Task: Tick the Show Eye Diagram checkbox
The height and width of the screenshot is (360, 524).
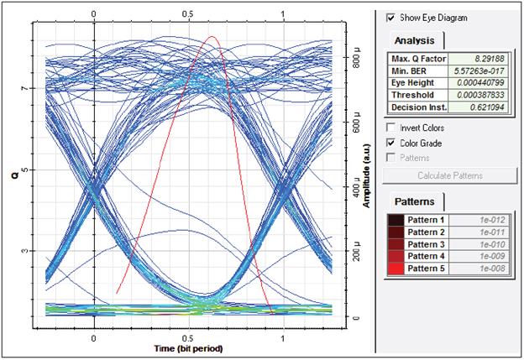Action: point(390,17)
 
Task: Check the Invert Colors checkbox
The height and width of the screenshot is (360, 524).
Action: point(390,128)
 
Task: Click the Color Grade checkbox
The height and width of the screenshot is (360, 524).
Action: point(390,143)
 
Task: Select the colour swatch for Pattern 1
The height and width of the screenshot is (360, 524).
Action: point(395,220)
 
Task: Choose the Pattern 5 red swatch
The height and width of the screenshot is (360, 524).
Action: point(395,268)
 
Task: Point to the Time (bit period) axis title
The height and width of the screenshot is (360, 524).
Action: point(188,347)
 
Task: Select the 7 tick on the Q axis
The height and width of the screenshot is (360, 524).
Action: point(25,88)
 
